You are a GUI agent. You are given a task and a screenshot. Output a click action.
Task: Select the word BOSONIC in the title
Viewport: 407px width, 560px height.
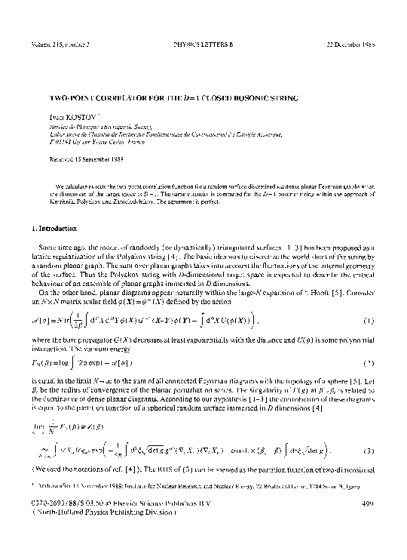(x=243, y=98)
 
